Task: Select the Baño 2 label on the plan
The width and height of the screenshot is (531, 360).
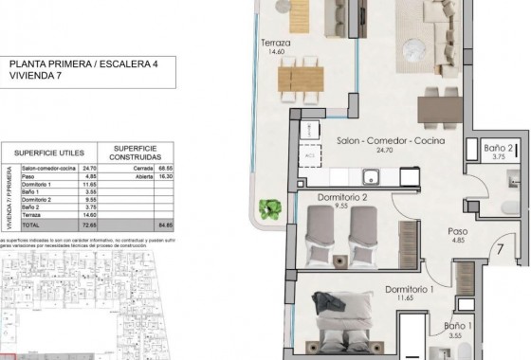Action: click(x=498, y=149)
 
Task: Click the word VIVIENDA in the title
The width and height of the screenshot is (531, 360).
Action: click(x=31, y=81)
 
